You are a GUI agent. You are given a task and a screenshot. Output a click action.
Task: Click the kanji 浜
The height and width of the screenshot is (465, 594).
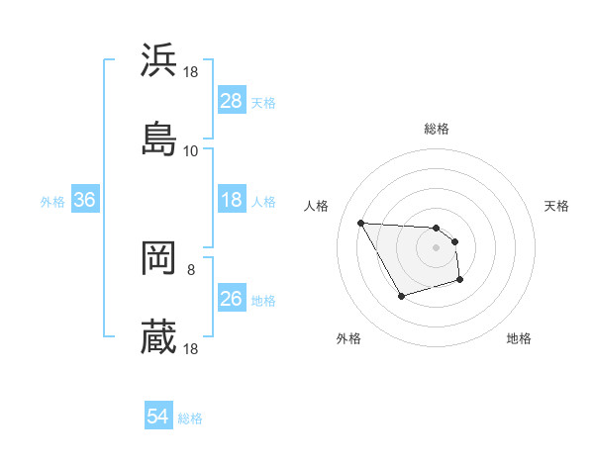point(158,59)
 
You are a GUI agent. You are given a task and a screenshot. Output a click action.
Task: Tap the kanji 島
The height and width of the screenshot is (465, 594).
point(158,139)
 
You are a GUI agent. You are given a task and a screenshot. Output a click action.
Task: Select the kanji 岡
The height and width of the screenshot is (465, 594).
point(158,259)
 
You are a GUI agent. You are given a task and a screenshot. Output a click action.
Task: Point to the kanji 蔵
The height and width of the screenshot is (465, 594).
point(158,337)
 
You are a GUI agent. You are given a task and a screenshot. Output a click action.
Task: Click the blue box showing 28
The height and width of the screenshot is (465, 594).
point(232,101)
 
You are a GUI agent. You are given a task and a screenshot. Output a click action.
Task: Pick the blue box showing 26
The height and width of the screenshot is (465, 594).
point(232,299)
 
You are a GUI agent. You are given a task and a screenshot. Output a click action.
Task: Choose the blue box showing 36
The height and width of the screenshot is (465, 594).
point(85,200)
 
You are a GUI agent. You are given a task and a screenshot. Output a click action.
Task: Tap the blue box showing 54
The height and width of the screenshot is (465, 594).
point(158,417)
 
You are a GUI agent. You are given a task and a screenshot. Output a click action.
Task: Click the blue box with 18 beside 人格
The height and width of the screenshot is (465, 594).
point(232,200)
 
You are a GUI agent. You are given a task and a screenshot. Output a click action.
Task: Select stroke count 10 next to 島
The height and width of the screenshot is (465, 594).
point(190,151)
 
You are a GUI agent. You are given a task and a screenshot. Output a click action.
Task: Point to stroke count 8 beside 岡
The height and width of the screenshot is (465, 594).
point(190,268)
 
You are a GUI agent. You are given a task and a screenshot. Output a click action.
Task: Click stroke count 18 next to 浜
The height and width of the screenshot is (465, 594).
point(190,72)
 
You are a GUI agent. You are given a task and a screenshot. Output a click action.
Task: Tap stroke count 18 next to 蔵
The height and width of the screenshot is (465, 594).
point(190,349)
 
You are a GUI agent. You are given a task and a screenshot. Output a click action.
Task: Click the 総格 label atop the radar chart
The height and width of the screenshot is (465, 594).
point(437,129)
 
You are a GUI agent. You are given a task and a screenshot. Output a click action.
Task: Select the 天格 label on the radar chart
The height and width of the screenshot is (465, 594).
point(556,206)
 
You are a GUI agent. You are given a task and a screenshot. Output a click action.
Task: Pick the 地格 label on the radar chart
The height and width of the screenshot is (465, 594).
point(519,338)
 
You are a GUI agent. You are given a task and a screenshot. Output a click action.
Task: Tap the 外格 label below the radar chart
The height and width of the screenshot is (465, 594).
point(348,338)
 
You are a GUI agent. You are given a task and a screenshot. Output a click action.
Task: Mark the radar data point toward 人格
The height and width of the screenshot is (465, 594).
point(360,223)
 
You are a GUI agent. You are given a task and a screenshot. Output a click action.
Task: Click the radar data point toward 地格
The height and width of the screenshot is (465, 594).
point(461,282)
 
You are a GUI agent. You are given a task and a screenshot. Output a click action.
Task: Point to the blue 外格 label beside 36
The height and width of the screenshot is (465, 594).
point(52,201)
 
